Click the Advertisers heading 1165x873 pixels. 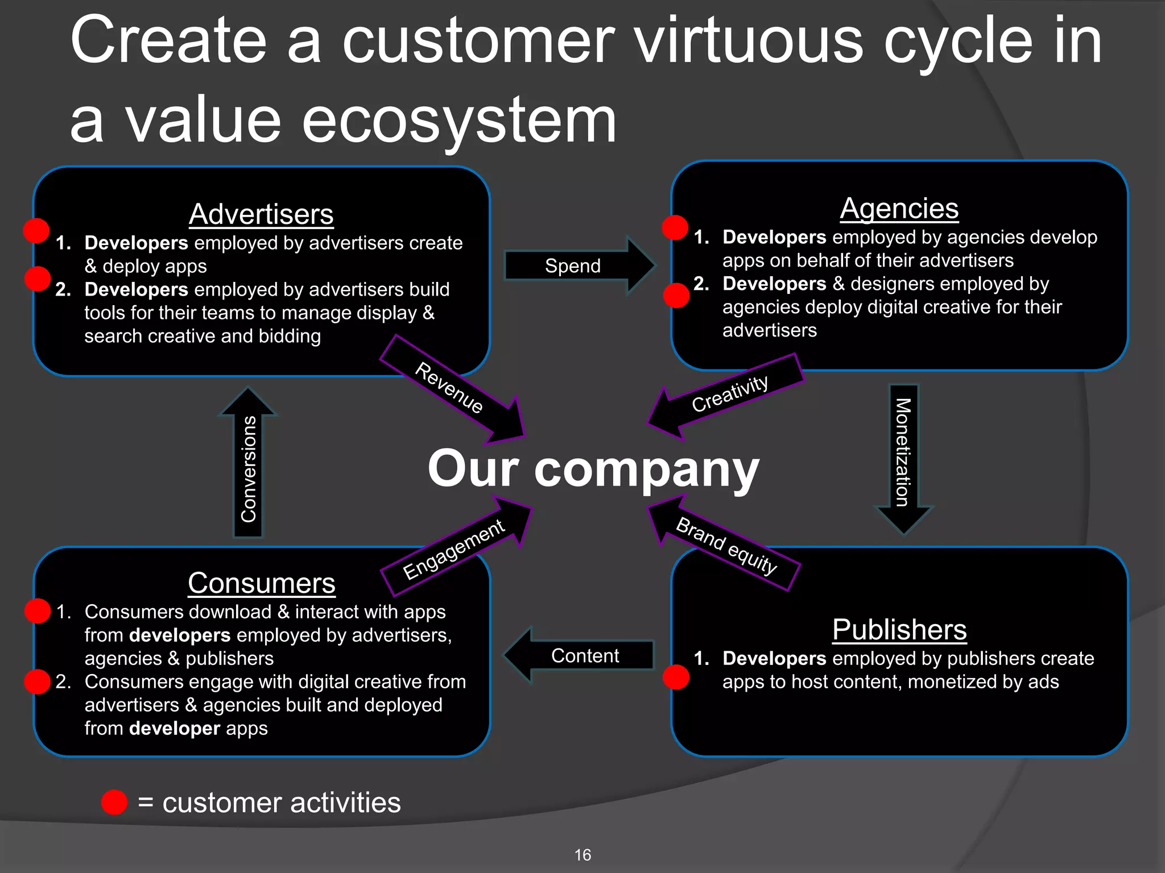261,214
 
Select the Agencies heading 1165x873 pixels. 899,209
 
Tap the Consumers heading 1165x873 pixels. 261,583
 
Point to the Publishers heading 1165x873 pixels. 899,630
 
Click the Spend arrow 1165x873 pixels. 575,265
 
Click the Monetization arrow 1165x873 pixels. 903,455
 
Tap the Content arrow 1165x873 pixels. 583,655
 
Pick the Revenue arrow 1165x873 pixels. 452,389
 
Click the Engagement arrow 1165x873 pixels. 455,548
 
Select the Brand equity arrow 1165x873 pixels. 725,544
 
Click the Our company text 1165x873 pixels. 593,469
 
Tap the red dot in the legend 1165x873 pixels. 114,802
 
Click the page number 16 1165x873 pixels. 582,855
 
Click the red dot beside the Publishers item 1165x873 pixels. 676,677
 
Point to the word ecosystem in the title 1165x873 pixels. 458,120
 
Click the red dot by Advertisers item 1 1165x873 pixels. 36,231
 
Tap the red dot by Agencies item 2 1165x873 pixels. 676,296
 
